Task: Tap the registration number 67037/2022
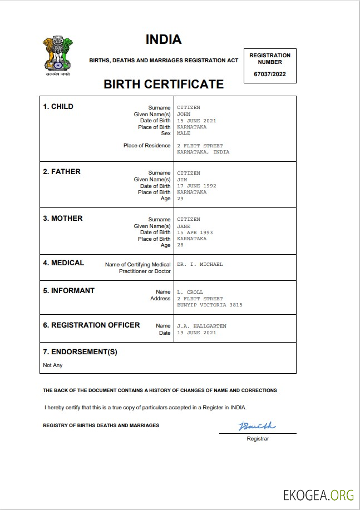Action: (x=269, y=74)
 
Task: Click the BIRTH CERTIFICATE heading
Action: (x=164, y=85)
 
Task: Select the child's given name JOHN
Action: (x=184, y=114)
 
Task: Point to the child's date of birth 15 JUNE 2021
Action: (x=196, y=121)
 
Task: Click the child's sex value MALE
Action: (x=184, y=133)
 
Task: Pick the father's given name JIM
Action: (x=182, y=180)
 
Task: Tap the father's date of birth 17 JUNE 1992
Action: (x=196, y=186)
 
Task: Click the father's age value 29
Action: (x=180, y=199)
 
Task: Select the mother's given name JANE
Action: (x=184, y=226)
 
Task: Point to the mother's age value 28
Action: (x=180, y=245)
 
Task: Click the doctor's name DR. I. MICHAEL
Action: (x=200, y=265)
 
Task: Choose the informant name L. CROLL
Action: (x=190, y=292)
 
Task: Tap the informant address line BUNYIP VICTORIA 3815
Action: (x=209, y=305)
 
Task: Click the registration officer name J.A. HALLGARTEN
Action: (x=201, y=326)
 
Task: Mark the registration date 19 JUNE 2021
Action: (x=196, y=333)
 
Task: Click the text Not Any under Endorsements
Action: (x=53, y=365)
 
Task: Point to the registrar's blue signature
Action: (x=257, y=427)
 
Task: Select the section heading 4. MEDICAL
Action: (x=63, y=263)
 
